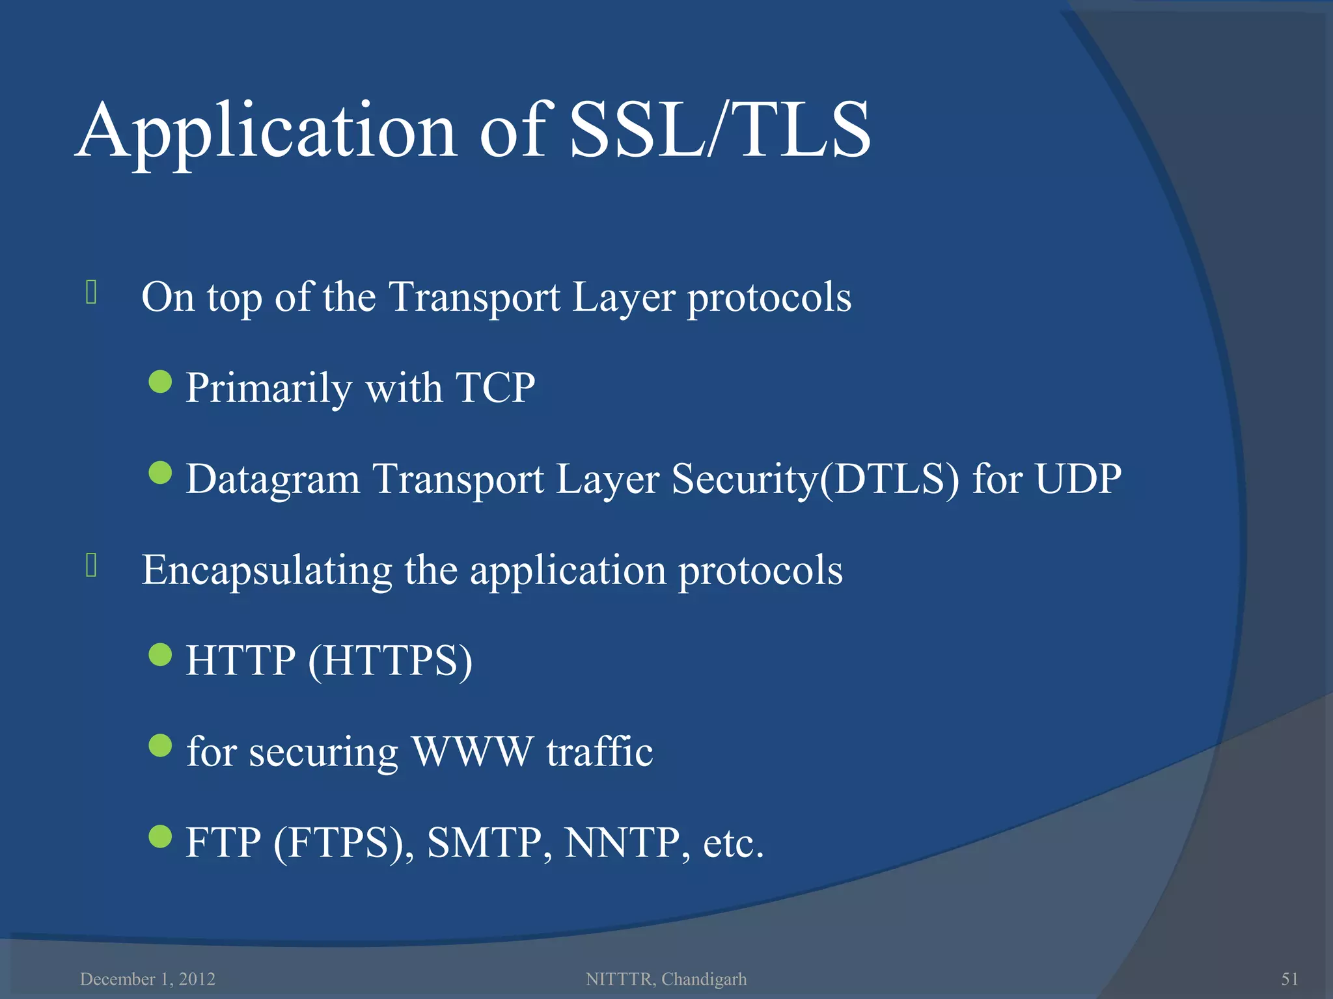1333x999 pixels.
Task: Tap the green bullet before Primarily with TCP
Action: click(x=160, y=382)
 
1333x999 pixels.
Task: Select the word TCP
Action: click(x=495, y=388)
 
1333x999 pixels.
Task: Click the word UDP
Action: click(x=1078, y=479)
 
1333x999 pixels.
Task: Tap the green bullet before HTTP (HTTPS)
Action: click(x=160, y=655)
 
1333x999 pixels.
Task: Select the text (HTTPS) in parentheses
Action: click(x=390, y=661)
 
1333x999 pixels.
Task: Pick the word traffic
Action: click(x=599, y=752)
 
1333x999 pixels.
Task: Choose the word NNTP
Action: click(x=622, y=844)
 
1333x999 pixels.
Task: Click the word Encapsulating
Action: click(x=267, y=571)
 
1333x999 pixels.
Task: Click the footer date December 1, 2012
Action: click(x=148, y=979)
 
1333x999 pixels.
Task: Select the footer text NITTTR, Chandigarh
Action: click(x=666, y=979)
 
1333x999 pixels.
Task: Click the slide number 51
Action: click(x=1289, y=979)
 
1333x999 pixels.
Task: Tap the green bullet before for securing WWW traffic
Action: click(x=160, y=746)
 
